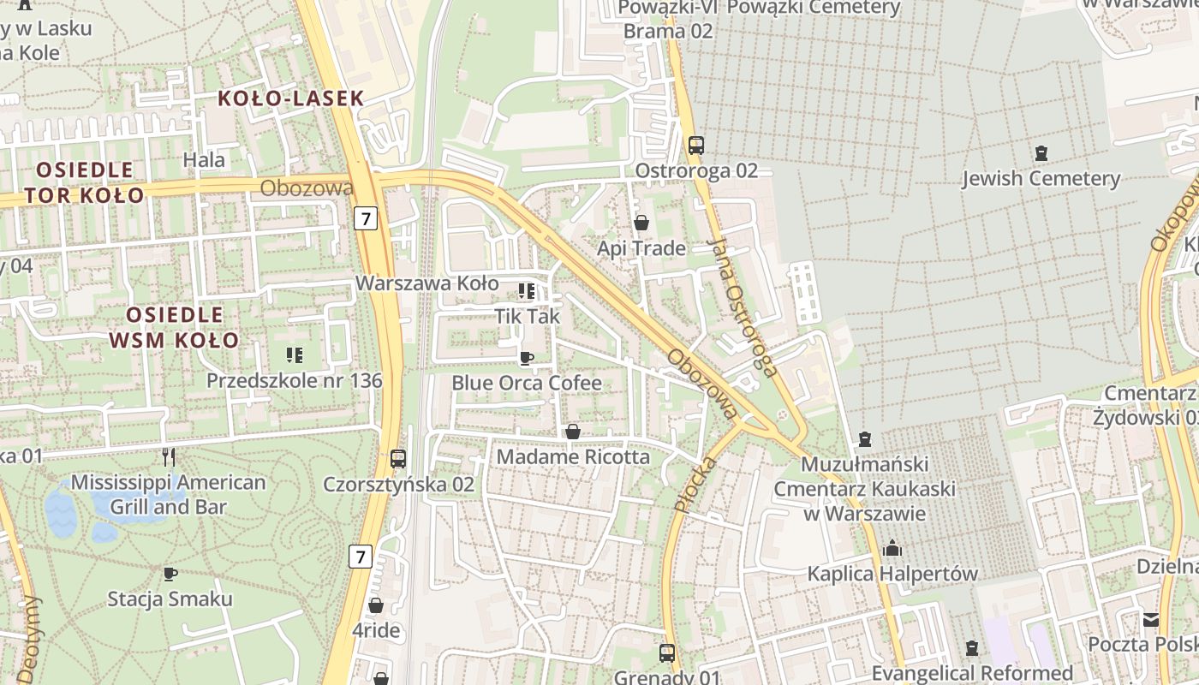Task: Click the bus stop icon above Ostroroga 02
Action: [695, 146]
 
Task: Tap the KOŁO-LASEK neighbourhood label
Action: [291, 98]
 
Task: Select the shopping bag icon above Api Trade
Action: [641, 223]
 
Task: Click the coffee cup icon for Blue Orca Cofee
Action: [527, 358]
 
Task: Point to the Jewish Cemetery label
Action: [1041, 179]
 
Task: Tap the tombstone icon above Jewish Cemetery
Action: [1041, 154]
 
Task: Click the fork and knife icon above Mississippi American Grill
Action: [169, 457]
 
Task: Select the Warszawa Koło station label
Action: [427, 283]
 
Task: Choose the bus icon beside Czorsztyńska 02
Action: [398, 459]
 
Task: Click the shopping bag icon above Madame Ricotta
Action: [573, 432]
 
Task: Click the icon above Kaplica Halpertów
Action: [892, 548]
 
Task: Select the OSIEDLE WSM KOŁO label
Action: [175, 327]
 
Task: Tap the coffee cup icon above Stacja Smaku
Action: [170, 573]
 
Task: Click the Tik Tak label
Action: [528, 316]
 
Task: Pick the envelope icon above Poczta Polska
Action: [1151, 619]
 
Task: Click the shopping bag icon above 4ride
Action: [375, 606]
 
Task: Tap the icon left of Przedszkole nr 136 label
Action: [294, 354]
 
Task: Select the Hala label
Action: [205, 159]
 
